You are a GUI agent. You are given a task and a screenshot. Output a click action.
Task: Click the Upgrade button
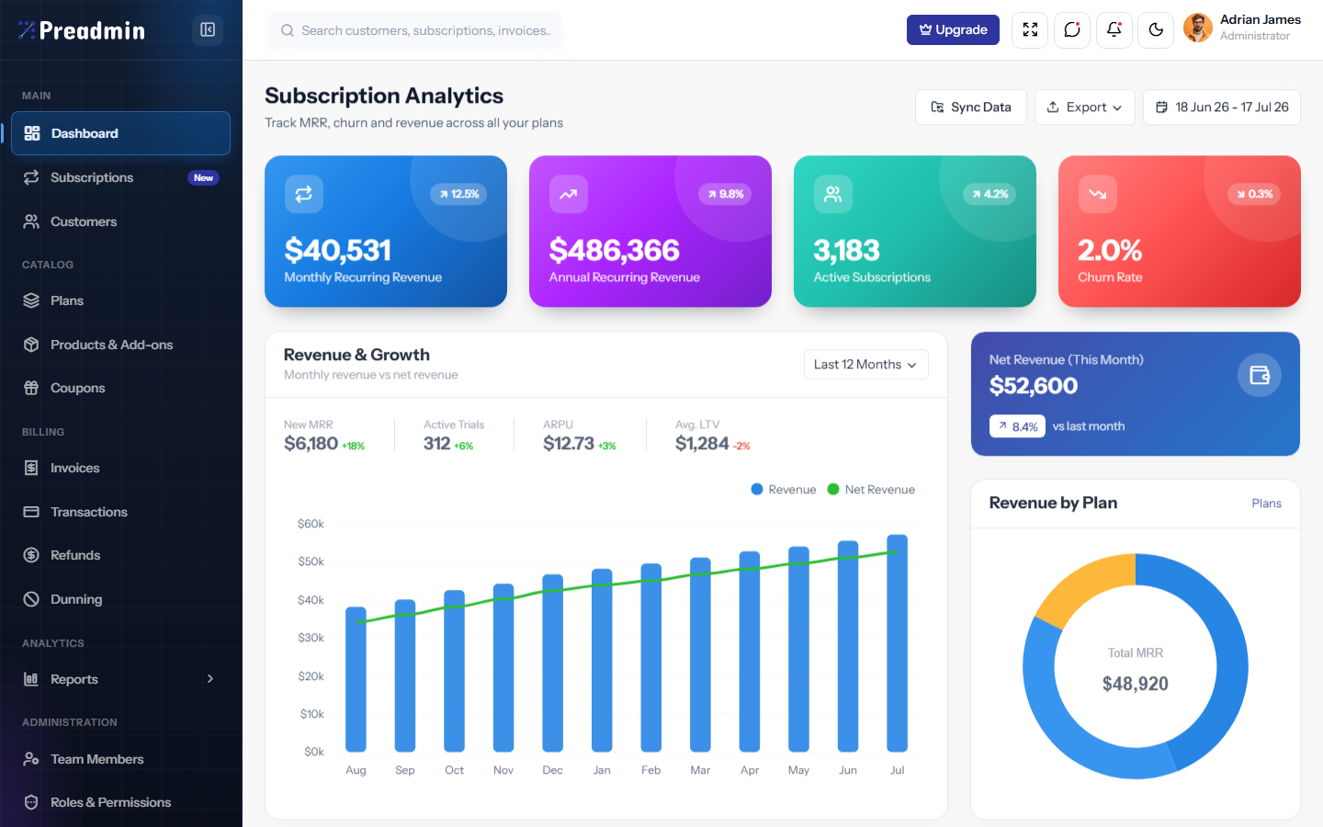[953, 29]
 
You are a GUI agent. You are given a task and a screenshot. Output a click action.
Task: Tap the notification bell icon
[1114, 29]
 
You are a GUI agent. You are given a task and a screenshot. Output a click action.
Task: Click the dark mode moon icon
[1155, 29]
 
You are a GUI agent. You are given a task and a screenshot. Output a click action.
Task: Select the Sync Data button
[970, 107]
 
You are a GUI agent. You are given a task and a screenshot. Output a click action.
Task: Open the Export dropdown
[1084, 107]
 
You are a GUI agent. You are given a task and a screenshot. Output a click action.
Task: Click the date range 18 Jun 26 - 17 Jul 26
[1221, 107]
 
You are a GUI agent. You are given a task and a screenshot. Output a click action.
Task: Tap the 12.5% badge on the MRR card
[458, 194]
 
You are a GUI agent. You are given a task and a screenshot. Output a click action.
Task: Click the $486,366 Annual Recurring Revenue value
[615, 250]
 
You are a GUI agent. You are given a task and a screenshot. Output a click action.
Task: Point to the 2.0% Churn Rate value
[1110, 250]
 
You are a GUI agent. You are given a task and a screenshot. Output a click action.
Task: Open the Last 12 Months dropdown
[865, 365]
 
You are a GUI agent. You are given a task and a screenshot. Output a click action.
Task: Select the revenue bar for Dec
[553, 663]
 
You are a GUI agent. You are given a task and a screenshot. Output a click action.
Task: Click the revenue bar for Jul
[897, 643]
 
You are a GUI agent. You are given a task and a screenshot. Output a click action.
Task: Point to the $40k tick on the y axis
[311, 599]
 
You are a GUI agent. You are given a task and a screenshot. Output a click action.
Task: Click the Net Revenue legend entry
[871, 489]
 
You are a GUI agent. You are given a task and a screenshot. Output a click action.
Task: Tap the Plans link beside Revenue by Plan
[1266, 504]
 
